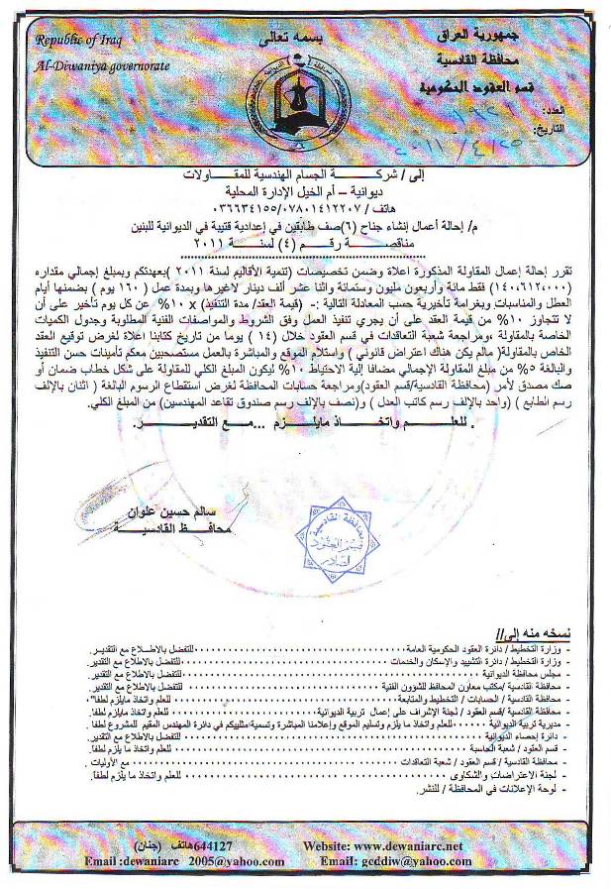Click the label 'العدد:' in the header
tap(583, 109)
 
